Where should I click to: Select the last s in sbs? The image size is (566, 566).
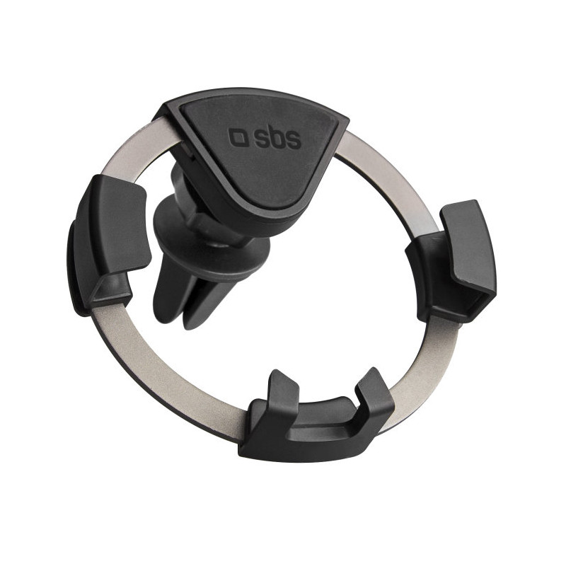coord(292,141)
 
